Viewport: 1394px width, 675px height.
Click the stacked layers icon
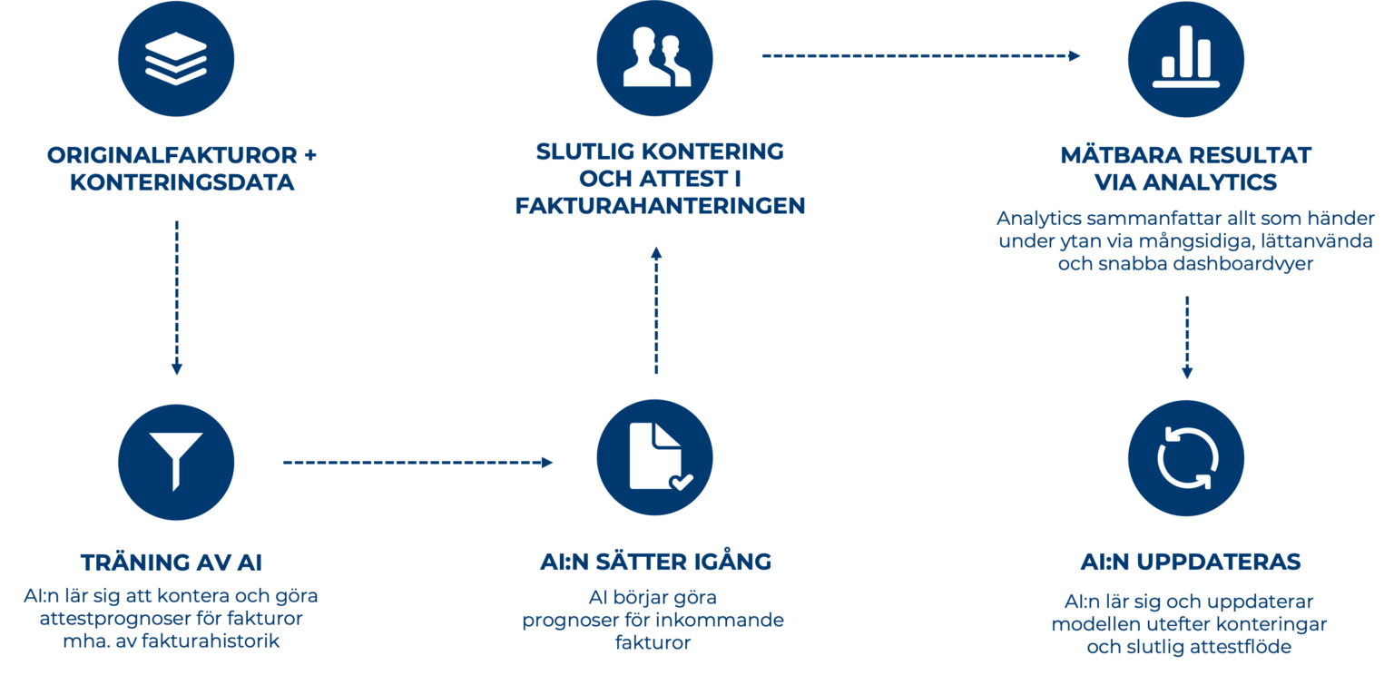pos(176,59)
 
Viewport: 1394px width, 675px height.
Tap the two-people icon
pos(655,59)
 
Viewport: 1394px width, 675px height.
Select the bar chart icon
pos(1185,59)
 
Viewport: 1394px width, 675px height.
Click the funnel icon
pos(176,462)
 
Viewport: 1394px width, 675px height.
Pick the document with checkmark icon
pos(655,462)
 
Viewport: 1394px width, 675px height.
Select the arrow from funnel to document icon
pos(417,463)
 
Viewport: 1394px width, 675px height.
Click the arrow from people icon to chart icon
pos(921,56)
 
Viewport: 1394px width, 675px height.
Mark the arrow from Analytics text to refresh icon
pos(1186,336)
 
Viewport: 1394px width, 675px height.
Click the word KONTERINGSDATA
pos(182,182)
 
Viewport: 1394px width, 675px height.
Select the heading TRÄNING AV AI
pos(172,562)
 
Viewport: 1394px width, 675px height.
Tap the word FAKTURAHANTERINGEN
pos(660,207)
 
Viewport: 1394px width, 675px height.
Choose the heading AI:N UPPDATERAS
pos(1190,562)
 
